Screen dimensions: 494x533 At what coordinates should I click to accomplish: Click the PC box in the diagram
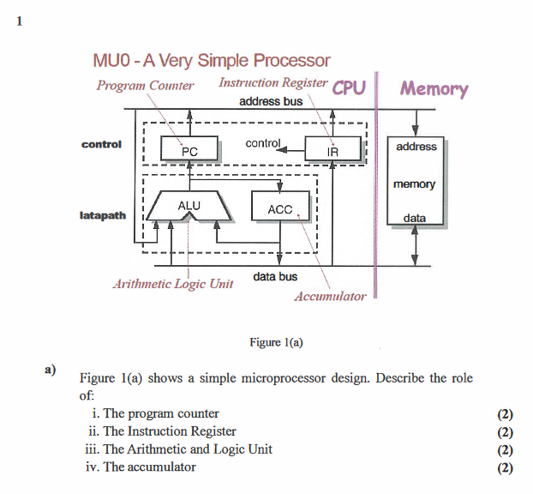tap(189, 151)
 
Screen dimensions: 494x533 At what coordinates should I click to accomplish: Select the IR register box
tap(332, 151)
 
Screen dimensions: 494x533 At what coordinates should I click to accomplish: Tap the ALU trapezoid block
tap(188, 207)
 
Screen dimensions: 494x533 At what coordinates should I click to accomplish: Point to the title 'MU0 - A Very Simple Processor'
tap(210, 61)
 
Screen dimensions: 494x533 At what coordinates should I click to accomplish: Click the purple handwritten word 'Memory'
tap(434, 88)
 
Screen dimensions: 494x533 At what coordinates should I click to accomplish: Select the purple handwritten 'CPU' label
tap(349, 87)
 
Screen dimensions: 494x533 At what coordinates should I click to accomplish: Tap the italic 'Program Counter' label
tap(145, 85)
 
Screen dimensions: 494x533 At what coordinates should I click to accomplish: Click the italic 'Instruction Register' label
tap(272, 83)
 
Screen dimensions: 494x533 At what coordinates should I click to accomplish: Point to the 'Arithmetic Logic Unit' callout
tap(173, 284)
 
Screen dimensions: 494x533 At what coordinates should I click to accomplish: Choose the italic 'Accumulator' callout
tap(330, 297)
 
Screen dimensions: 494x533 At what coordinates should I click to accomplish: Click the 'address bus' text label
tap(270, 102)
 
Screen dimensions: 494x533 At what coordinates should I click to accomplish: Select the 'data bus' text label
tap(275, 277)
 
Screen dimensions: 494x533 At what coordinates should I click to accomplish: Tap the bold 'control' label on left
tap(101, 144)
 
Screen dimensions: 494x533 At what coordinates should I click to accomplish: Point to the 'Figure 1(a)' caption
tap(276, 342)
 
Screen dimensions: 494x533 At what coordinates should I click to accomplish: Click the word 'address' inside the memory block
tap(416, 147)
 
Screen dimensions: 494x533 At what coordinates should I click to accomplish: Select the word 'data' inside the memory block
tap(415, 218)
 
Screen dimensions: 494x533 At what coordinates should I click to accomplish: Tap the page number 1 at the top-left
tap(17, 23)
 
